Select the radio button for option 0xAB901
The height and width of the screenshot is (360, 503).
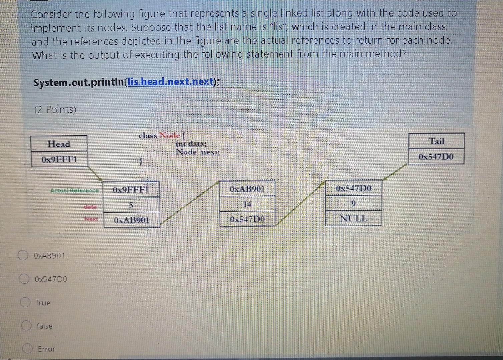pyautogui.click(x=23, y=255)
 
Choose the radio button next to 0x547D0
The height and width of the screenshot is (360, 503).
pyautogui.click(x=23, y=279)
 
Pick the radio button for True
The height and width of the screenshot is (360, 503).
pyautogui.click(x=25, y=302)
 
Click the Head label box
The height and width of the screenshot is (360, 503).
pyautogui.click(x=59, y=144)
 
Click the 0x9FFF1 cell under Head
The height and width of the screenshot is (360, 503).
pyautogui.click(x=59, y=159)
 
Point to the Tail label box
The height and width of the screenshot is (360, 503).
pyautogui.click(x=436, y=141)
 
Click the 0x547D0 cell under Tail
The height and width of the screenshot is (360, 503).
pyautogui.click(x=436, y=157)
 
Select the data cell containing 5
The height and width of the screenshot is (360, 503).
pyautogui.click(x=131, y=205)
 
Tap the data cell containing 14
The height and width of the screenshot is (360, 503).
pyautogui.click(x=247, y=204)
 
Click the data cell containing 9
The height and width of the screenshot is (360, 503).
pyautogui.click(x=353, y=203)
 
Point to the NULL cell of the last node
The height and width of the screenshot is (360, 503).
pyautogui.click(x=353, y=219)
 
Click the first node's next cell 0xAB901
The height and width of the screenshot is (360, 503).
pyautogui.click(x=131, y=220)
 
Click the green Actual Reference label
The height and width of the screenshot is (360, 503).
pyautogui.click(x=74, y=190)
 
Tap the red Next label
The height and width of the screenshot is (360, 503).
pyautogui.click(x=91, y=219)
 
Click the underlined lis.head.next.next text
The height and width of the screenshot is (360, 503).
pyautogui.click(x=171, y=82)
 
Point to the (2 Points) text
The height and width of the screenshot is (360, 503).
pyautogui.click(x=55, y=109)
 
